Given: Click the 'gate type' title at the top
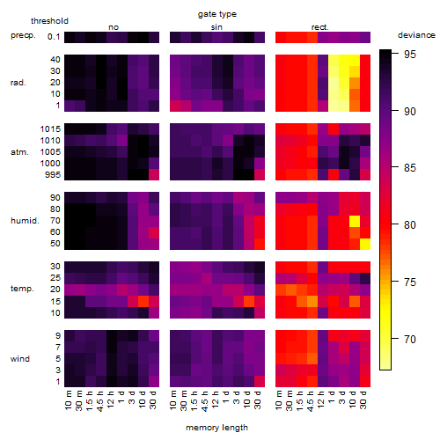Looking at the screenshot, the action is pyautogui.click(x=217, y=14).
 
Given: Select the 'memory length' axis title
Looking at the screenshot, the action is pyautogui.click(x=216, y=428).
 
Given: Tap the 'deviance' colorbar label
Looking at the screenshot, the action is pyautogui.click(x=416, y=35).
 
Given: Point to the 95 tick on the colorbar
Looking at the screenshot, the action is pyautogui.click(x=410, y=55).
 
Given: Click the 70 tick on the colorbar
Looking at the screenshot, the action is pyautogui.click(x=410, y=340).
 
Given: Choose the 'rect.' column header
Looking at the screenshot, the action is pyautogui.click(x=319, y=27).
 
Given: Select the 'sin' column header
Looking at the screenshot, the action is pyautogui.click(x=216, y=27).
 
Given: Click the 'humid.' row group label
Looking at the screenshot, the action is pyautogui.click(x=25, y=221).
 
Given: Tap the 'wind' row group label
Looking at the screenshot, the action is pyautogui.click(x=20, y=359).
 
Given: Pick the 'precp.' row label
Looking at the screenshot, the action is pyautogui.click(x=23, y=35).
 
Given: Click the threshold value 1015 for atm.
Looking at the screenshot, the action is pyautogui.click(x=50, y=129).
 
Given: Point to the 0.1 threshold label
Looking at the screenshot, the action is pyautogui.click(x=54, y=37).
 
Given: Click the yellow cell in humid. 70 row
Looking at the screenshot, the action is pyautogui.click(x=355, y=221).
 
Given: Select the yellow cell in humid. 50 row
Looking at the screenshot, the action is pyautogui.click(x=365, y=244).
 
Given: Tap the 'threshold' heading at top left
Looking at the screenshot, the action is pyautogui.click(x=49, y=21).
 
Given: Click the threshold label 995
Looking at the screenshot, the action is pyautogui.click(x=53, y=175).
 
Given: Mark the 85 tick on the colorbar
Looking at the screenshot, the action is pyautogui.click(x=410, y=168).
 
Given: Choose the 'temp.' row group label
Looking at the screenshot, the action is pyautogui.click(x=22, y=289).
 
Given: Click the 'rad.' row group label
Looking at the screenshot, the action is pyautogui.click(x=18, y=83).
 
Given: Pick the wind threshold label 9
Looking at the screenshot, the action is pyautogui.click(x=58, y=336).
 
